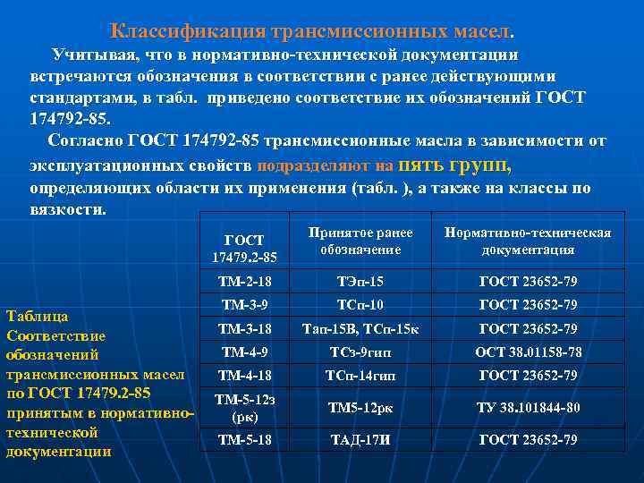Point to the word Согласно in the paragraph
[x=86, y=140]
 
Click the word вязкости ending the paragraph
[x=67, y=210]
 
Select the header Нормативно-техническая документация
[x=528, y=241]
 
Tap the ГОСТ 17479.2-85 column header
[x=244, y=249]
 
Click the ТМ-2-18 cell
[x=244, y=281]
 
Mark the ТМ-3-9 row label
[x=244, y=304]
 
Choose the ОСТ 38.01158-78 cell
[x=528, y=352]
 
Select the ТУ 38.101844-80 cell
[x=528, y=408]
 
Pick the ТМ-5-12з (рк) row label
[x=244, y=407]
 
